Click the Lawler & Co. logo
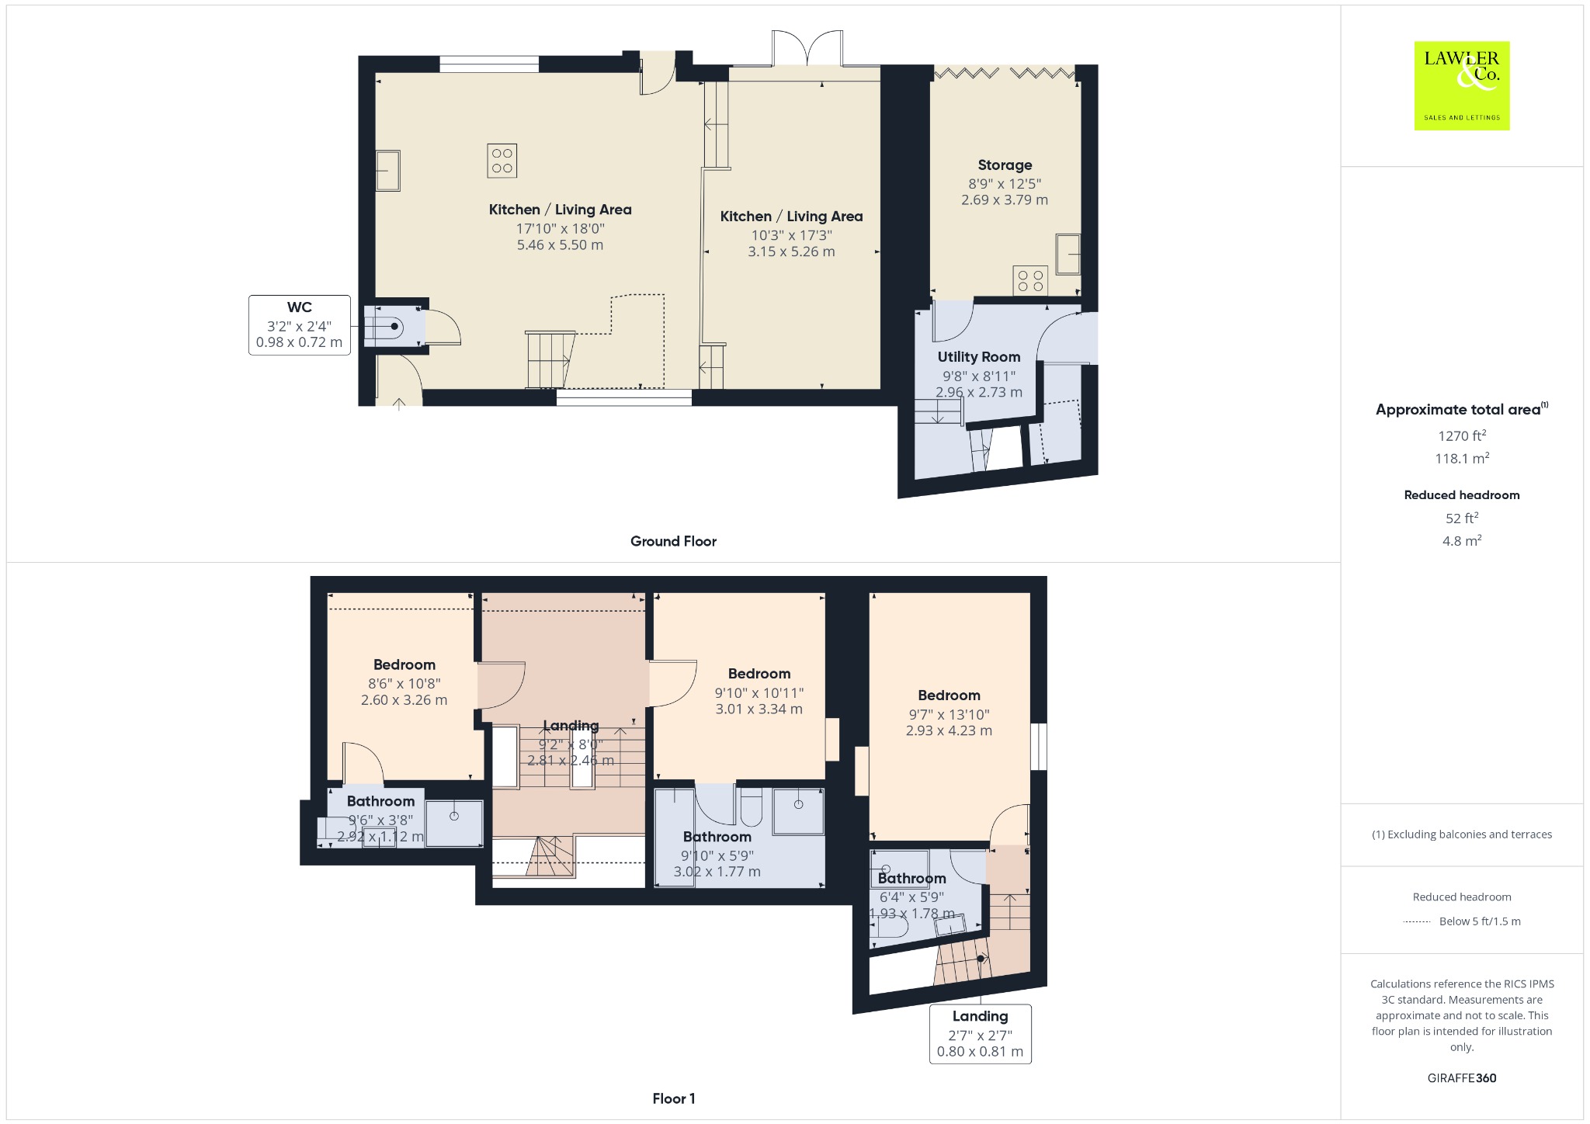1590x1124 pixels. [x=1461, y=85]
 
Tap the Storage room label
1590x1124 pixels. [x=1005, y=165]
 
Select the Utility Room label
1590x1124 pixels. [x=978, y=357]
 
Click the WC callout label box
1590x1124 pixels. [x=299, y=325]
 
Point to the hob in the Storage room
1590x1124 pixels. [x=1030, y=280]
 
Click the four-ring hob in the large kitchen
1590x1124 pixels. [x=502, y=161]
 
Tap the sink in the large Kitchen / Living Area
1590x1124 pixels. [x=387, y=170]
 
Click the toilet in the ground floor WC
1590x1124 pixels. [x=384, y=327]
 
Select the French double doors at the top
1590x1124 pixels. [x=807, y=48]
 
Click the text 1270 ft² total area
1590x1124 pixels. [x=1461, y=435]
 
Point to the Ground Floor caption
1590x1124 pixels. [x=673, y=541]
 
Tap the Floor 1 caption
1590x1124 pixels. [x=674, y=1098]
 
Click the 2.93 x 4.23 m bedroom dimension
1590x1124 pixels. [x=949, y=730]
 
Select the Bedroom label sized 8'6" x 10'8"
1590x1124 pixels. [x=404, y=664]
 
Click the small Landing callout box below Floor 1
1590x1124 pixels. [x=980, y=1034]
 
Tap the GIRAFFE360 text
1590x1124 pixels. [x=1461, y=1077]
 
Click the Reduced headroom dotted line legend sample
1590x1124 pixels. [x=1417, y=921]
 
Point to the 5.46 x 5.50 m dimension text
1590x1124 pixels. [x=560, y=245]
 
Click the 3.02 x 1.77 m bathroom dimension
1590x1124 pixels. [x=717, y=872]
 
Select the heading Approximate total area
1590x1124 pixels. [x=1458, y=410]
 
